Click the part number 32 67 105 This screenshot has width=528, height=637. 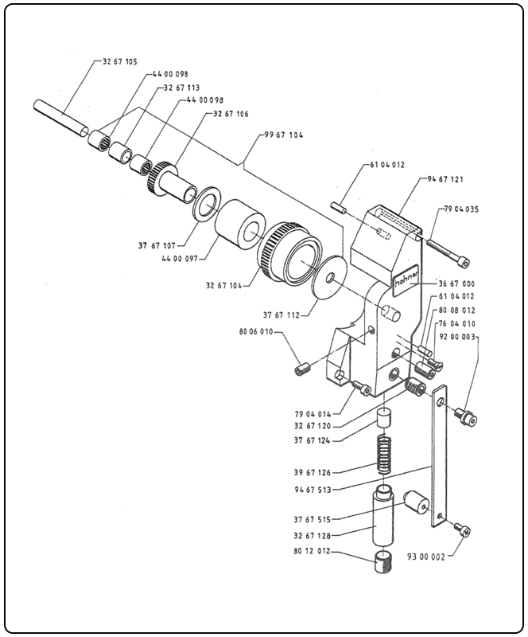[x=120, y=61]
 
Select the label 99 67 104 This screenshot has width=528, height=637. [x=282, y=136]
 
